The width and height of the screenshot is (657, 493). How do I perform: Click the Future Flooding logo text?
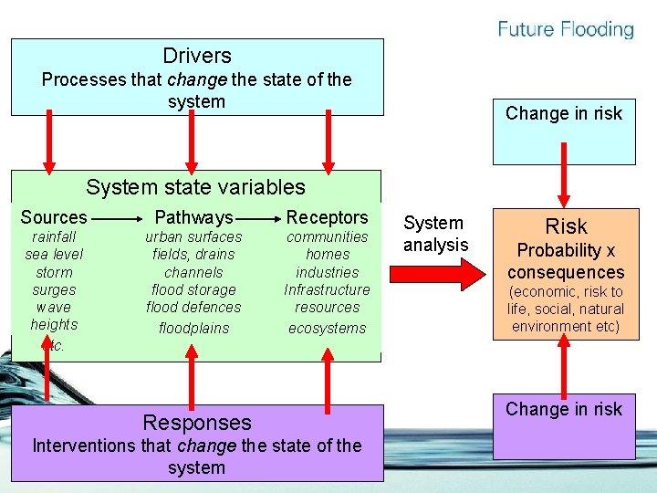point(566,30)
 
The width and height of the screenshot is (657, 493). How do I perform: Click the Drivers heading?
point(196,56)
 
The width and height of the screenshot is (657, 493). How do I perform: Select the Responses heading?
point(196,423)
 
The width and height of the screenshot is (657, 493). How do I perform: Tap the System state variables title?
point(195,187)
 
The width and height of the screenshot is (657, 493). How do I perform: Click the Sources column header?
point(54,217)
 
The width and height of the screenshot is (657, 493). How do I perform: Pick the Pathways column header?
point(193,217)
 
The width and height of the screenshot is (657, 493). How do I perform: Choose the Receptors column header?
point(327,217)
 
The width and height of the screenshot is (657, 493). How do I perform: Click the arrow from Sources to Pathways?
point(116,219)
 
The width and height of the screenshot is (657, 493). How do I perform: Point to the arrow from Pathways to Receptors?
point(259,219)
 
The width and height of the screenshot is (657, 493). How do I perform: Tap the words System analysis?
point(434,234)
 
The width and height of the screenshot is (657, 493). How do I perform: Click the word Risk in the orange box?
point(566,226)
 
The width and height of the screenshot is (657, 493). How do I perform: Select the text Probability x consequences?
point(566,261)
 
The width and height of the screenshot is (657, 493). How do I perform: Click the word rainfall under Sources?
point(54,237)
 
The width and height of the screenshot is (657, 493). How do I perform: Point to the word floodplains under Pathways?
point(193,328)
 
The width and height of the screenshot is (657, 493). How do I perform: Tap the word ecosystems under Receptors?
point(327,328)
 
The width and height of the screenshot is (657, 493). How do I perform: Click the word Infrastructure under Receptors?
point(327,289)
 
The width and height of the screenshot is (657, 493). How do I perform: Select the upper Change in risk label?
point(564,113)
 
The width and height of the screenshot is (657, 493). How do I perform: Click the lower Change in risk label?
point(564,409)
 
